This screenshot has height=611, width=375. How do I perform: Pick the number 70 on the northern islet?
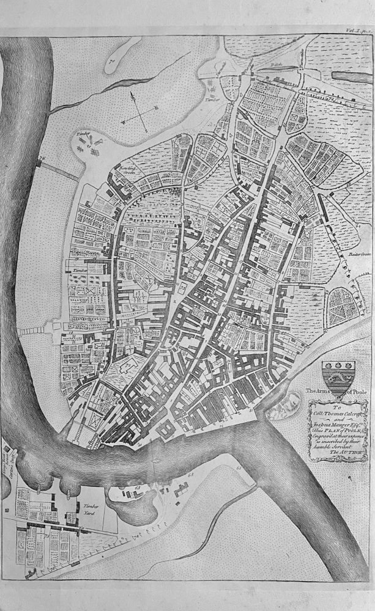point(113,60)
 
